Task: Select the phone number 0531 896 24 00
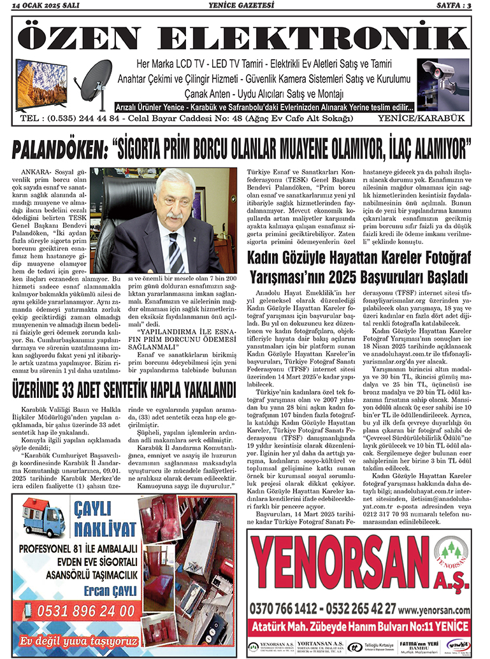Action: pos(77,612)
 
